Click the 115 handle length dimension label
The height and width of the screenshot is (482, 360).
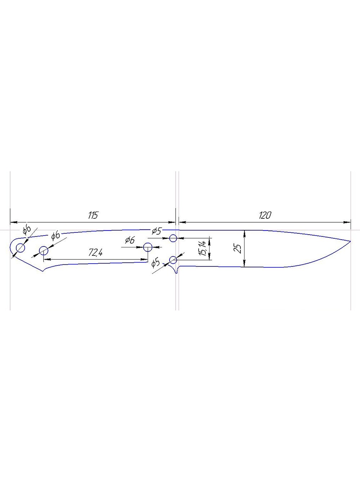point(93,215)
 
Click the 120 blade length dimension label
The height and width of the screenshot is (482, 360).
point(265,215)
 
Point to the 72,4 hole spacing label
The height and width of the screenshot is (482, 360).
point(96,253)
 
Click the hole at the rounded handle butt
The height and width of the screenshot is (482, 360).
point(21,248)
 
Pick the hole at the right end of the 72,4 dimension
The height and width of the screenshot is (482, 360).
point(148,247)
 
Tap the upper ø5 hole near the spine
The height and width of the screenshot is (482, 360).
point(173,238)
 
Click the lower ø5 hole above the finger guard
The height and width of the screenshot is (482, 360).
point(173,260)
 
